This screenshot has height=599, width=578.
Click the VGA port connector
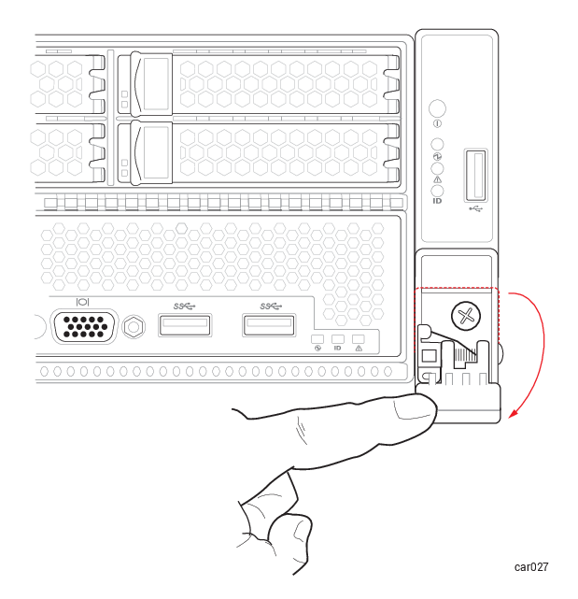point(84,327)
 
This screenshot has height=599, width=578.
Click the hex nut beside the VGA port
point(134,327)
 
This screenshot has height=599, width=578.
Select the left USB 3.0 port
point(185,325)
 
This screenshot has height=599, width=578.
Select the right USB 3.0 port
point(269,325)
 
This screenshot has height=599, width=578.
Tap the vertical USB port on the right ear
point(475,175)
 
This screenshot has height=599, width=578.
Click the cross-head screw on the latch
point(466,316)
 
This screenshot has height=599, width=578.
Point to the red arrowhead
point(514,413)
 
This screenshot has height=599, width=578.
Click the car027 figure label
point(531,567)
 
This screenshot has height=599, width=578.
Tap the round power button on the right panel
point(437,108)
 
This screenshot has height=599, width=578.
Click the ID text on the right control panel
point(437,201)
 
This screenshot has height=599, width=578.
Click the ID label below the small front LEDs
point(337,349)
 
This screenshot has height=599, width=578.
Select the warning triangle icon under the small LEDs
point(359,349)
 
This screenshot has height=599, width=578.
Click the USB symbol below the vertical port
point(475,208)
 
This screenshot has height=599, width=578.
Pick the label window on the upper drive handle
point(155,84)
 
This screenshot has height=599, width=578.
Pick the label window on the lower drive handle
point(155,152)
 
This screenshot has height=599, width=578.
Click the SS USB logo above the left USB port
point(184,307)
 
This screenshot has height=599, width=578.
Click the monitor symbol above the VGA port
point(83,302)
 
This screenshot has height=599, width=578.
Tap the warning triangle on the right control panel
point(438,179)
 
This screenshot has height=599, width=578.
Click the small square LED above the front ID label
point(338,339)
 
